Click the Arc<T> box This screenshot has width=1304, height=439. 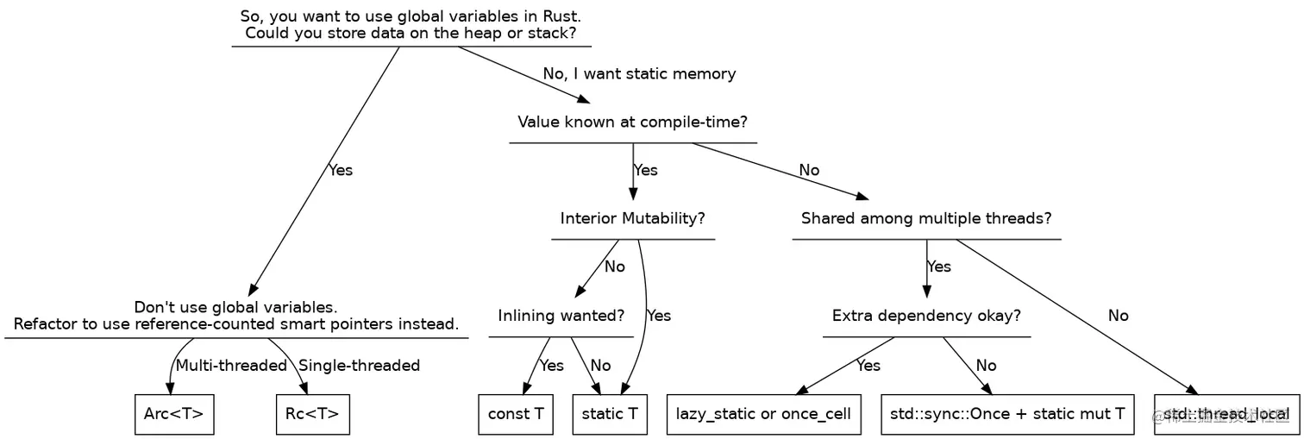click(174, 414)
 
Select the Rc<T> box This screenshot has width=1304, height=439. click(312, 414)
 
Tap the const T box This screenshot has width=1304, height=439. click(516, 414)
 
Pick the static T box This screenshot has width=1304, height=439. click(610, 414)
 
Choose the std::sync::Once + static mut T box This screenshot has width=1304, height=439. click(1007, 414)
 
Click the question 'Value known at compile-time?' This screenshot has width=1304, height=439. click(633, 122)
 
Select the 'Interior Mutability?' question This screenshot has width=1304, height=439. click(633, 218)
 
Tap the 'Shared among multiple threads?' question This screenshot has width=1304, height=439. click(926, 218)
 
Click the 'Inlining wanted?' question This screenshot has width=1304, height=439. click(561, 316)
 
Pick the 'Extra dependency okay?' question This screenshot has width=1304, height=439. click(926, 316)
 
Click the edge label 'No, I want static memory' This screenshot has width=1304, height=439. click(639, 74)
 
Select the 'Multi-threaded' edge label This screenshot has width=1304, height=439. click(231, 366)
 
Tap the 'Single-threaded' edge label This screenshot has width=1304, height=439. click(359, 366)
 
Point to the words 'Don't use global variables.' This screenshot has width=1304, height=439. click(235, 308)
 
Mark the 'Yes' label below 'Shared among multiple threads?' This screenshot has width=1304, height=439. click(938, 267)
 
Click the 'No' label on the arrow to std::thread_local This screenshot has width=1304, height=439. click(1118, 316)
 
